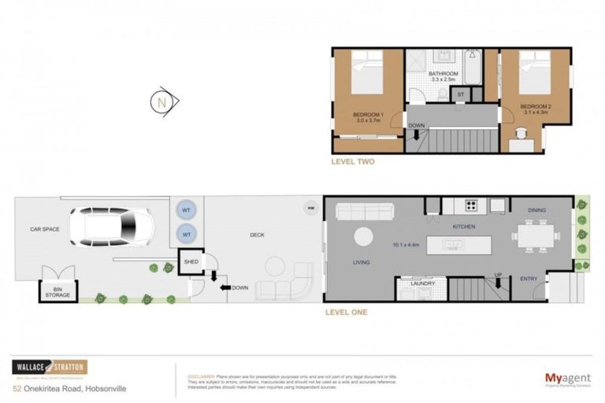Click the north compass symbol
coord(165,102)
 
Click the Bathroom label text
coord(444,75)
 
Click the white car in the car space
coord(113,227)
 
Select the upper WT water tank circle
coord(186,210)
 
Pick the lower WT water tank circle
coord(186,235)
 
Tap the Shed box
coord(191,262)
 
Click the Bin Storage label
coord(57,293)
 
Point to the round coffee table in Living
coord(364,236)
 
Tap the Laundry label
coord(422,283)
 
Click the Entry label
coord(529,279)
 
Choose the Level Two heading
coord(353,161)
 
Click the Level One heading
coord(346,312)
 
